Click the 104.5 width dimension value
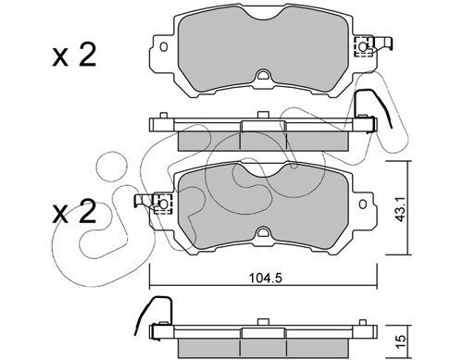coord(266,279)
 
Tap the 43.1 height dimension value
coord(401,210)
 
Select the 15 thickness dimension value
coord(401,341)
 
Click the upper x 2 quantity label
coord(74,56)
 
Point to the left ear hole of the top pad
coord(164,47)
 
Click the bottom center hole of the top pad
coord(263,75)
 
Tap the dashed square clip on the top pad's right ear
coord(363,47)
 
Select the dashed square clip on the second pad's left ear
coord(163,204)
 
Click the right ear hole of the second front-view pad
coord(363,204)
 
